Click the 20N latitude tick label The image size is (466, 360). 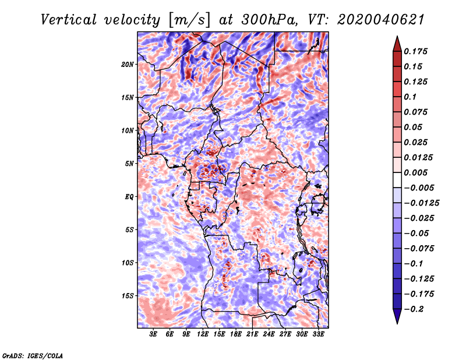click(127, 65)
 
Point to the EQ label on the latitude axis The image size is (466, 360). click(129, 197)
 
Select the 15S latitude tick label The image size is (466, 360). click(127, 296)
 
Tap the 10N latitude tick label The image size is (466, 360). click(127, 130)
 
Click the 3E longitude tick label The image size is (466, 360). click(153, 334)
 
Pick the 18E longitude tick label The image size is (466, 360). click(236, 334)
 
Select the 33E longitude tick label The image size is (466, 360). click(318, 334)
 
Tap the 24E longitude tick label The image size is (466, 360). click(269, 334)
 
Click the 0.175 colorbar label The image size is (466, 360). click(415, 51)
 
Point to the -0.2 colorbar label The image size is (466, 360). click(414, 309)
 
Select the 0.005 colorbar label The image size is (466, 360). click(415, 172)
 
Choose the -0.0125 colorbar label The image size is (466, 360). click(421, 203)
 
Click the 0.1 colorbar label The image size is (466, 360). click(410, 97)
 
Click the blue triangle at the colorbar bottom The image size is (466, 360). click(397, 315)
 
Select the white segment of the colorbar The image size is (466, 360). click(397, 180)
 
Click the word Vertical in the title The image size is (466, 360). click(69, 20)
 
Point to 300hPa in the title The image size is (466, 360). click(269, 20)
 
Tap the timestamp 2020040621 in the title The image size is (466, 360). click(381, 20)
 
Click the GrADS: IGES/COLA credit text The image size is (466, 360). click(33, 355)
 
